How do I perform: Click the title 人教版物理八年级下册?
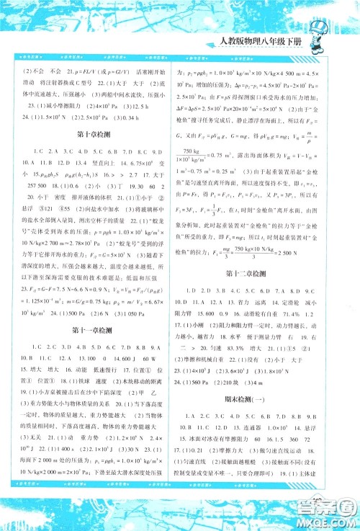point(282,41)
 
